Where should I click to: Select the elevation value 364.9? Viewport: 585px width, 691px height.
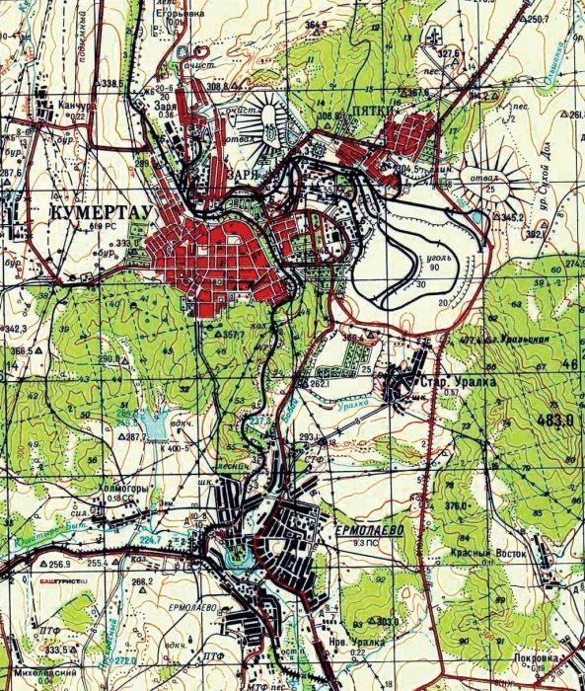point(316,24)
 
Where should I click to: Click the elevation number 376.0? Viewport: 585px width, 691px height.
point(455,506)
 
